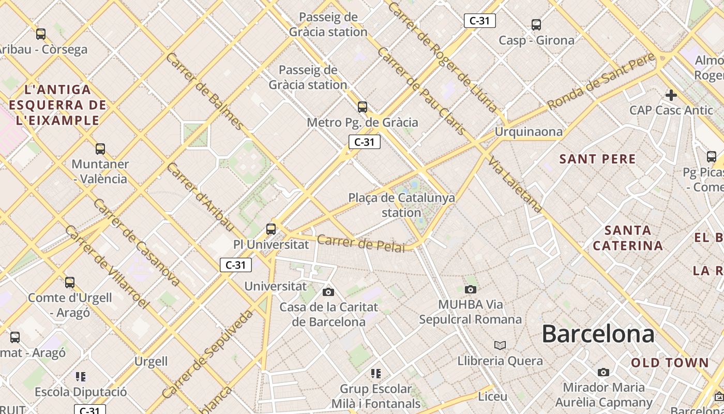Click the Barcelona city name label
(598, 334)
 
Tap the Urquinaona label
(529, 132)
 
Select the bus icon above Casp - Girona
(536, 24)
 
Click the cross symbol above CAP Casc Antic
(671, 95)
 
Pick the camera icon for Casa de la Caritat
(328, 292)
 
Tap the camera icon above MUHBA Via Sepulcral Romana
(470, 289)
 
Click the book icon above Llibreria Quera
(500, 345)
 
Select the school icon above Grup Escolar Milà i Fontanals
(376, 373)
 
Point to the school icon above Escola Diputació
(80, 376)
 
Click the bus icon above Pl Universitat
(270, 229)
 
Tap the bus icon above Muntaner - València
(100, 149)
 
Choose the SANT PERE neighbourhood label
(597, 159)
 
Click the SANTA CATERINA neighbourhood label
(628, 238)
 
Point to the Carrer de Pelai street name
(361, 243)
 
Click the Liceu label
(492, 396)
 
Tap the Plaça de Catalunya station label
(402, 205)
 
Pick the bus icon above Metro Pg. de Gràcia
(363, 107)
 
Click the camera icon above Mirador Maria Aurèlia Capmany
(603, 372)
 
